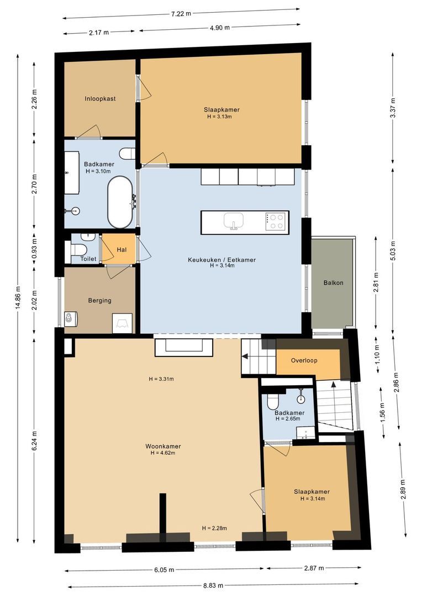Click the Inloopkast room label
tap(100, 99)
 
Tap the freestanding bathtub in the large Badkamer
tap(120, 202)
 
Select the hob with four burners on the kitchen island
tap(276, 222)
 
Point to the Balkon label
tap(333, 283)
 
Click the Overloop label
tap(304, 360)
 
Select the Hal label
tap(122, 250)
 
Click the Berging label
tap(99, 301)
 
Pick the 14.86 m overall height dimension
tap(18, 297)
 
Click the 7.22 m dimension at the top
tap(181, 14)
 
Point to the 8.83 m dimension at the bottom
tap(213, 586)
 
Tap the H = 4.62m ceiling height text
tap(163, 453)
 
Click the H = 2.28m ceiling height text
tap(215, 528)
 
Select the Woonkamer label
tap(163, 446)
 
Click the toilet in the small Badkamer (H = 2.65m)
tap(273, 401)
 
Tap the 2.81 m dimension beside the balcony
tap(376, 283)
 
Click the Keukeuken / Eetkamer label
tap(222, 260)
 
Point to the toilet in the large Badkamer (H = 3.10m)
tap(126, 154)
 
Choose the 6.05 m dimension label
tap(164, 570)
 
